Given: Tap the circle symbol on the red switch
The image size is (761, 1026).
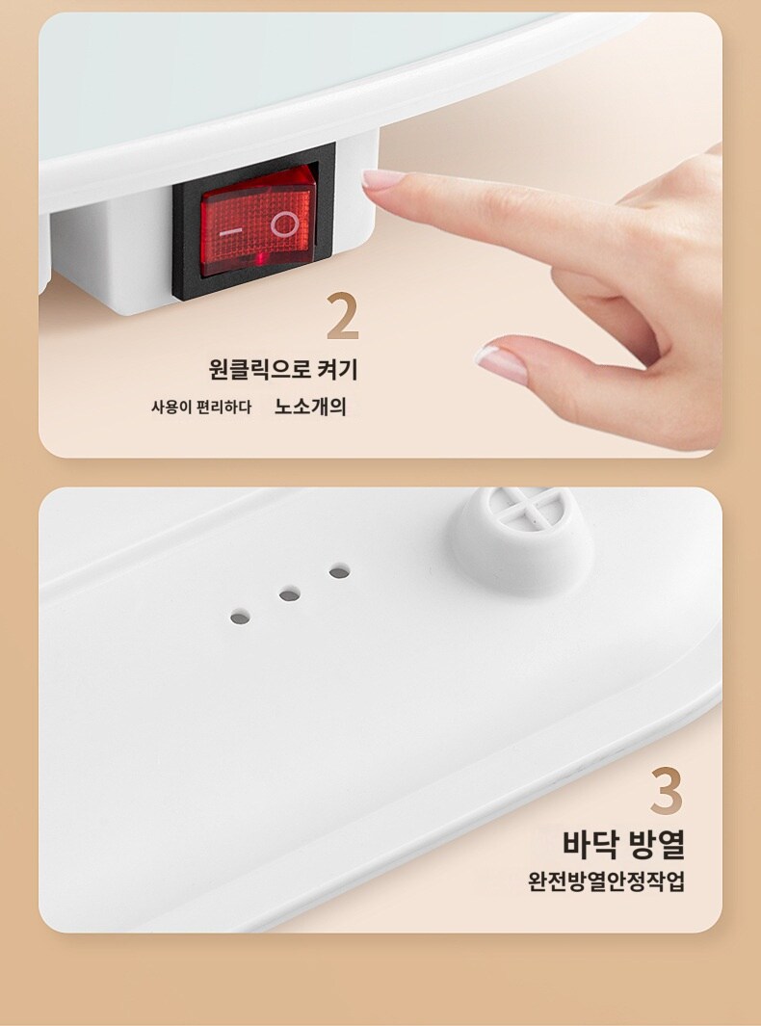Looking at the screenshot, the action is (x=284, y=224).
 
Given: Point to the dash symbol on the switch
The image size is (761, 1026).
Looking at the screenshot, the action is (x=230, y=232).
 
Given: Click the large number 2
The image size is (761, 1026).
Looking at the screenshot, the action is (x=343, y=315).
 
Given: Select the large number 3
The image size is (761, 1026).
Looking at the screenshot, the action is (x=667, y=790).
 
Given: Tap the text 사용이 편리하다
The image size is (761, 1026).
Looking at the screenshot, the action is (x=201, y=408).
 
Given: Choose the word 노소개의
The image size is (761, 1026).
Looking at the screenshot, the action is (x=310, y=407).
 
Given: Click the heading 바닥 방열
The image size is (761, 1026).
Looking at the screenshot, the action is (x=623, y=844).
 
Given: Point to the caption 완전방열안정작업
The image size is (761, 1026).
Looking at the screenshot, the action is (x=606, y=881).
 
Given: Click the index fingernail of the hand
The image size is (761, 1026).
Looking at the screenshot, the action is (x=382, y=178).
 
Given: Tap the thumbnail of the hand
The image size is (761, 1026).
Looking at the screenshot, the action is (x=501, y=364).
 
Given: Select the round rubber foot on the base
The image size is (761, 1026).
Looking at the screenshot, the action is (x=521, y=539).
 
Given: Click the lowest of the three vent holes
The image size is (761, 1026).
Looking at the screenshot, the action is (x=240, y=617).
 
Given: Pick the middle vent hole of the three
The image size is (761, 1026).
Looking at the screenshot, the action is (x=289, y=594).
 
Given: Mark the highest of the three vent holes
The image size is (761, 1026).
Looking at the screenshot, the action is (x=339, y=572).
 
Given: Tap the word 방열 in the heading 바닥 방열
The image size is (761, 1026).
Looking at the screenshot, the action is (x=656, y=844).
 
